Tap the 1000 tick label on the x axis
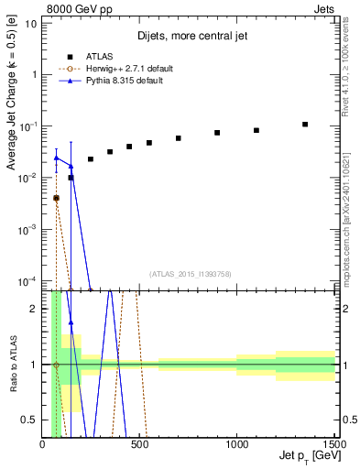click(236, 445)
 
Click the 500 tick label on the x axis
click(139, 445)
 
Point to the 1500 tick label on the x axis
click(333, 445)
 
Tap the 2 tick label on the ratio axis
click(34, 309)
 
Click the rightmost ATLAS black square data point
click(305, 125)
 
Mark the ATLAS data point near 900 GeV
click(217, 133)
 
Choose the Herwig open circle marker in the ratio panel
click(56, 365)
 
